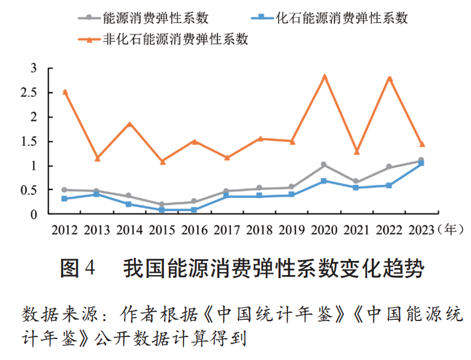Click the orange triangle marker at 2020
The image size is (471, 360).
click(324, 77)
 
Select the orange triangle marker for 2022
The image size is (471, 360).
click(389, 78)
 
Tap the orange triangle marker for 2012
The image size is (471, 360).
click(65, 92)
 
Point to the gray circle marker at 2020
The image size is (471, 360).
click(324, 165)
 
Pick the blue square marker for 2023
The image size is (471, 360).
click(421, 163)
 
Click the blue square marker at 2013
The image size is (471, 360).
click(97, 194)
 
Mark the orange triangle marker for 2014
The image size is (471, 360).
click(130, 124)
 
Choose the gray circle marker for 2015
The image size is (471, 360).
click(162, 204)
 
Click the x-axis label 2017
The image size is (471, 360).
click(227, 229)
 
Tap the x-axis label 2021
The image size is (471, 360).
click(356, 229)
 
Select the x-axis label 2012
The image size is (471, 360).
click(65, 229)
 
